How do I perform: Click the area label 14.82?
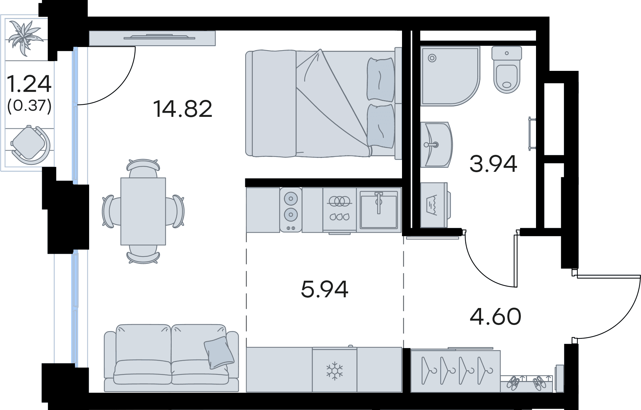182,109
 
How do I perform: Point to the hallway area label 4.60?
496,316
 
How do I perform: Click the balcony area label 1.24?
29,84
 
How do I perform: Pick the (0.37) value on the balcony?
29,105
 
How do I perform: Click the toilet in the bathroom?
507,69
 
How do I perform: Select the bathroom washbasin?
437,145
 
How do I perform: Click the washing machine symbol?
434,205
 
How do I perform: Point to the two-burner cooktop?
291,209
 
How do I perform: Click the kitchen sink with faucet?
379,209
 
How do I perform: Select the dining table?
143,211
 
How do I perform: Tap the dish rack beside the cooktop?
339,209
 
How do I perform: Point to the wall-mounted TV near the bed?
152,38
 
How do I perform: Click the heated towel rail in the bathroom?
532,134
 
